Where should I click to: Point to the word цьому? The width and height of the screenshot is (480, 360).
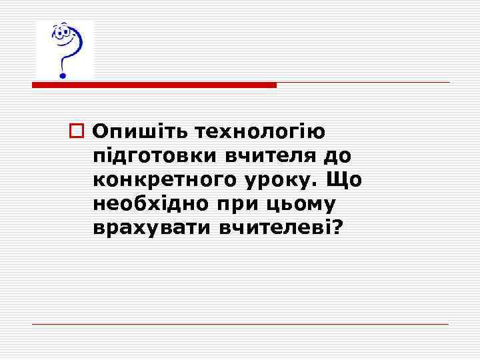click(x=296, y=204)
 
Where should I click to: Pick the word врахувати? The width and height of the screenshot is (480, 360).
click(x=151, y=228)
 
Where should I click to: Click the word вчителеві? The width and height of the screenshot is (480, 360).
click(x=276, y=228)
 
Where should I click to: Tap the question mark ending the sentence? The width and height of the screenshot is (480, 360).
click(x=337, y=228)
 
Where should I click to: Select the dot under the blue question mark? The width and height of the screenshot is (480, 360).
click(x=63, y=75)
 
